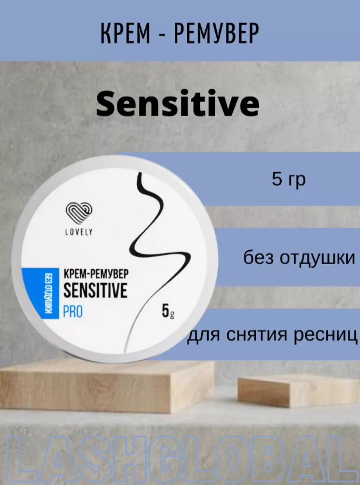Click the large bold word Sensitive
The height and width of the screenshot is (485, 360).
coord(178,104)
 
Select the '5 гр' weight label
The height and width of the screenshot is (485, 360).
coord(289,179)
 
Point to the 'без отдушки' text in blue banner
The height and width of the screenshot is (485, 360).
coord(300,257)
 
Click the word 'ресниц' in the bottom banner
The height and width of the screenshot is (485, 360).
coord(325,334)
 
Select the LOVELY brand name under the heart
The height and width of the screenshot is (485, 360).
coord(79,232)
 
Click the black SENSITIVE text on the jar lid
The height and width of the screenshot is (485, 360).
coord(95,290)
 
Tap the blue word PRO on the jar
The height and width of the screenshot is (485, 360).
coord(72,311)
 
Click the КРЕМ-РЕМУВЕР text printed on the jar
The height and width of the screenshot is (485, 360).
coord(96,274)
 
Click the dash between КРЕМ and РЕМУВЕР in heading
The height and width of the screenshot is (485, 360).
coord(162,34)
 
